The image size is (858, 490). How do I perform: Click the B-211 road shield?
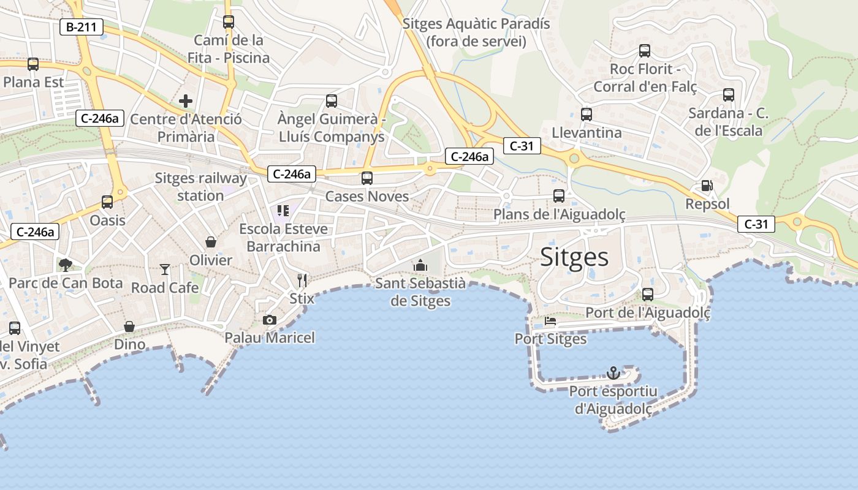(82, 27)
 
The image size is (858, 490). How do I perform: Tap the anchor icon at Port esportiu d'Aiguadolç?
(613, 372)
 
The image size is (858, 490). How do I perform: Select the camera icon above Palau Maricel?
(269, 320)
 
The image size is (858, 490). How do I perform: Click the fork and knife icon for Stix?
(302, 281)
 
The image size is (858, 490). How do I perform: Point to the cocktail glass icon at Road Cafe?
(165, 269)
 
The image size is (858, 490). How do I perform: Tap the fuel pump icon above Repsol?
(707, 186)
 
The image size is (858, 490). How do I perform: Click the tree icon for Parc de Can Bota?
(65, 265)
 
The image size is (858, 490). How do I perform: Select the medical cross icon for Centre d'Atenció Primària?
(186, 101)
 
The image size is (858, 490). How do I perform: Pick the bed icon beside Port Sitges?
(550, 321)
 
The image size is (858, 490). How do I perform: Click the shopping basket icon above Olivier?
(211, 242)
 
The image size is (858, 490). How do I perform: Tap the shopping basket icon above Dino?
(129, 326)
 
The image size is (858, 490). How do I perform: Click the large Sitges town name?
(574, 257)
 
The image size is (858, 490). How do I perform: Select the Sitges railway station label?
(200, 187)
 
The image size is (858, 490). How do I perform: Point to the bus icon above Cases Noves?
(366, 178)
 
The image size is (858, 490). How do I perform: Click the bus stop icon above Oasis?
(107, 202)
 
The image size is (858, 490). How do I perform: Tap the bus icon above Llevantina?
(587, 114)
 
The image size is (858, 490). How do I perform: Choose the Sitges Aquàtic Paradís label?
(476, 32)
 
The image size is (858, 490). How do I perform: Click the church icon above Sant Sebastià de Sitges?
(420, 265)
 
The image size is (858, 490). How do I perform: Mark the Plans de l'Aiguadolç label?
(560, 214)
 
